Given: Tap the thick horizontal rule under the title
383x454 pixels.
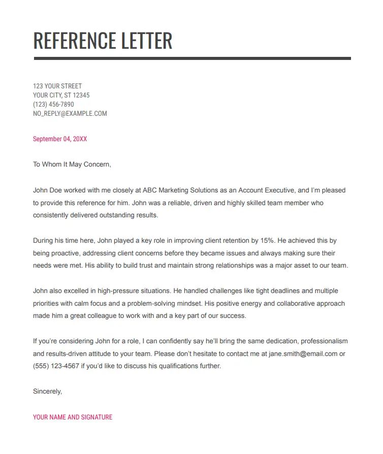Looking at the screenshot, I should [x=192, y=58].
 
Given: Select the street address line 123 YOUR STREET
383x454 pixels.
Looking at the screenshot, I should [x=57, y=86].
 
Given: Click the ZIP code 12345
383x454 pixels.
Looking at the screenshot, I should [x=81, y=95].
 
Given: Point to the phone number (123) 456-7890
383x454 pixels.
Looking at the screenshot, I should [x=53, y=104].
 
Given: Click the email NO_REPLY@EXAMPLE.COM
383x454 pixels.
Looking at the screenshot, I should [x=70, y=113].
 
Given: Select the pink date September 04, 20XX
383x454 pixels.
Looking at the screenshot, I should [x=60, y=139].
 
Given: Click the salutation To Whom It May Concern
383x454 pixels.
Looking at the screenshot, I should [x=72, y=165].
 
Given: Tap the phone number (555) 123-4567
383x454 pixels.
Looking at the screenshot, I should [x=56, y=366].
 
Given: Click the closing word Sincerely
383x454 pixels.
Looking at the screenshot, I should [x=47, y=392].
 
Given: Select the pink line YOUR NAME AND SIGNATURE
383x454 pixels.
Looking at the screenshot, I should [x=73, y=417].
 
